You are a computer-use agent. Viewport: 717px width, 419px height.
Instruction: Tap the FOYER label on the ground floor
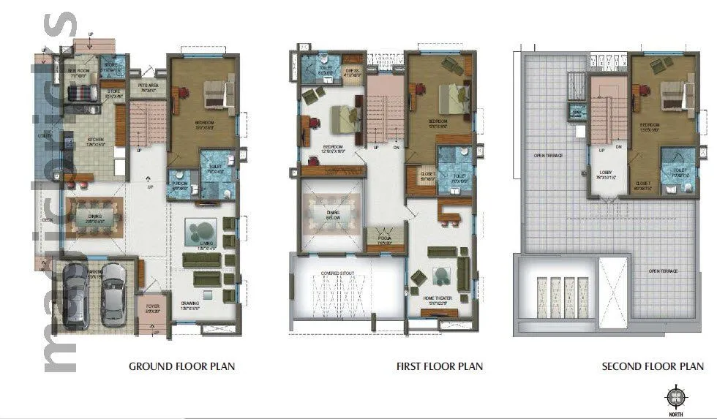click(x=151, y=307)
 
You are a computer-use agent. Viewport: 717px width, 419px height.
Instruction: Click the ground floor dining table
click(x=94, y=217)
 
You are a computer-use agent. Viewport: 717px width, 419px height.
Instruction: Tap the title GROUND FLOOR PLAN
click(x=182, y=366)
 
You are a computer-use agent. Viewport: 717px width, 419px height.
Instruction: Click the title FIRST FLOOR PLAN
click(x=439, y=366)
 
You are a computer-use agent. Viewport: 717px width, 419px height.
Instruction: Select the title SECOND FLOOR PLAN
click(x=653, y=366)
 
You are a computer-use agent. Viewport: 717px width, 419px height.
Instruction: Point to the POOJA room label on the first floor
click(x=384, y=238)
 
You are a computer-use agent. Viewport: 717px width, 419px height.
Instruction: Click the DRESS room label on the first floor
click(x=353, y=71)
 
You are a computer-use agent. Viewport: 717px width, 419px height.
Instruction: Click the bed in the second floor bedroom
click(x=674, y=94)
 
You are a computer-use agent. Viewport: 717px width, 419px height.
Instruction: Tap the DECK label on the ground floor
click(x=48, y=219)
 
